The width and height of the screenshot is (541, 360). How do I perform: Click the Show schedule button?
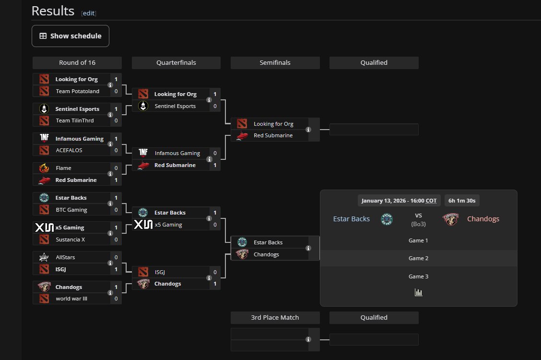click(71, 36)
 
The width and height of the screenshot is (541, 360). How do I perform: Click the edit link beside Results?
click(88, 13)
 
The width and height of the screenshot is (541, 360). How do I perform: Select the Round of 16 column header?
click(77, 63)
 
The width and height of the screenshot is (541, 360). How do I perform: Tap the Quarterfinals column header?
click(176, 63)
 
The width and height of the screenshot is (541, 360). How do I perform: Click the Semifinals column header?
click(275, 63)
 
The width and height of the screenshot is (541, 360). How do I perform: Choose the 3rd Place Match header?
click(275, 318)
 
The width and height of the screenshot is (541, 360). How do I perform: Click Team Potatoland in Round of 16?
click(77, 91)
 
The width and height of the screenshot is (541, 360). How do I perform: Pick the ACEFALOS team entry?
click(70, 151)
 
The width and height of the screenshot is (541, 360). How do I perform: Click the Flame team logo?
click(44, 168)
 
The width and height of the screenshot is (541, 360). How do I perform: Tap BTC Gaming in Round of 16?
click(71, 210)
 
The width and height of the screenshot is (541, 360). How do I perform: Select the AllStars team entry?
click(65, 258)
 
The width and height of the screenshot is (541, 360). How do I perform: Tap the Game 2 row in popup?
click(418, 258)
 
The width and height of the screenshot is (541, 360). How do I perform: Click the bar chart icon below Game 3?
click(418, 292)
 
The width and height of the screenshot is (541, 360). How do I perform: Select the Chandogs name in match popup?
click(483, 219)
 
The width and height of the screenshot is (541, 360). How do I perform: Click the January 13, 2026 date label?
click(399, 201)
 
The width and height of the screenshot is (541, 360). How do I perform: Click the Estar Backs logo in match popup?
click(387, 219)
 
